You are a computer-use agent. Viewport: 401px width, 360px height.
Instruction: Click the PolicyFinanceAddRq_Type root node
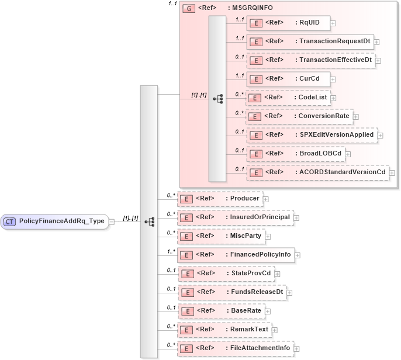(54, 221)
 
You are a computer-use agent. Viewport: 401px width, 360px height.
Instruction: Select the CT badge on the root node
(10, 221)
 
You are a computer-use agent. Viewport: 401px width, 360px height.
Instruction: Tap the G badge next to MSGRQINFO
(189, 8)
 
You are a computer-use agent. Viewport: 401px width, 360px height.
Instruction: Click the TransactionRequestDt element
(310, 41)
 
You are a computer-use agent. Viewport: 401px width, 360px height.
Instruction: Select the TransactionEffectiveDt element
(310, 60)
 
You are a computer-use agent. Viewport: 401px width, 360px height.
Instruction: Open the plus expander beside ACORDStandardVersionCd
(392, 172)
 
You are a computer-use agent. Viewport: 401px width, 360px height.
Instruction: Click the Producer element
(219, 199)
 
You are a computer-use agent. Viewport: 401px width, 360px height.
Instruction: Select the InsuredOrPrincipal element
(234, 217)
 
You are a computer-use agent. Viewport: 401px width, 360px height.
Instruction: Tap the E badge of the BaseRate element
(186, 311)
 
